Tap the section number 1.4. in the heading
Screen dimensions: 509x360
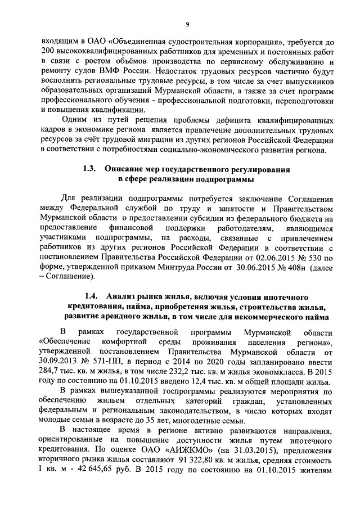click(92, 296)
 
